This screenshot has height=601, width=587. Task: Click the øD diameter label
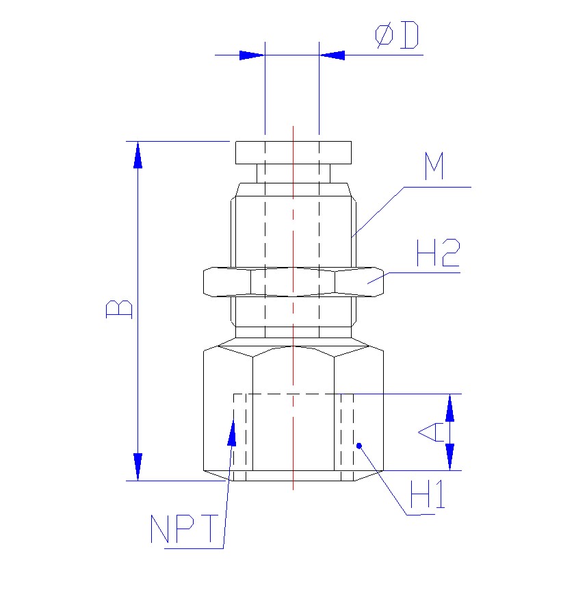click(397, 35)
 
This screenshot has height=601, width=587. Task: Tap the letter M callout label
click(434, 166)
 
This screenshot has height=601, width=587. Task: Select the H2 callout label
click(438, 253)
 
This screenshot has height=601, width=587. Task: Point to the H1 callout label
click(428, 494)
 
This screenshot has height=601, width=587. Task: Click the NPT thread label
click(184, 528)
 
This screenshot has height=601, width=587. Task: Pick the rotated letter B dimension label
click(119, 309)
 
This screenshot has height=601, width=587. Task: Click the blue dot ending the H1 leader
click(359, 446)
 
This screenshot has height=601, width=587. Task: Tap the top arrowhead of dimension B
click(138, 155)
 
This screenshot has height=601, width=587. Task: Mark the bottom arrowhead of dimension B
click(138, 467)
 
